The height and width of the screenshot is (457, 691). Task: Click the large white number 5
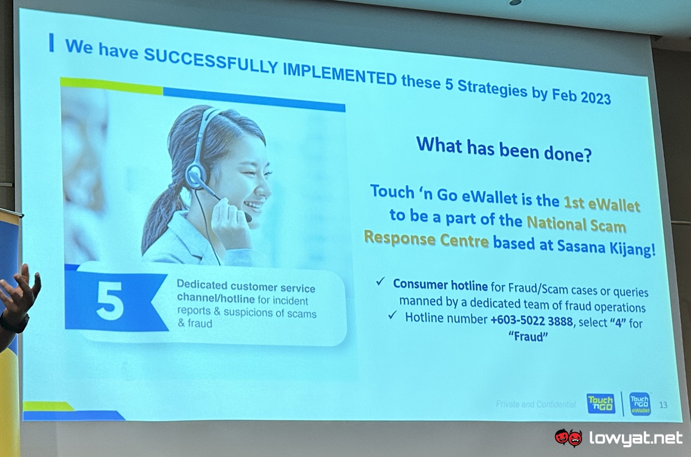(x=110, y=300)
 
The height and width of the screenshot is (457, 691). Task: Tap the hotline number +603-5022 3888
(x=531, y=321)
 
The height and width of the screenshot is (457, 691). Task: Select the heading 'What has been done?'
(x=504, y=150)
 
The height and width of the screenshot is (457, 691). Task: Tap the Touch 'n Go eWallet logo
(x=640, y=403)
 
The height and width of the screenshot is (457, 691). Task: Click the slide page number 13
(x=663, y=405)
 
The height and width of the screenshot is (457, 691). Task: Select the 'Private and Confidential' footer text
(x=536, y=404)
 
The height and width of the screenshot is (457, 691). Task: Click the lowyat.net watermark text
(x=636, y=438)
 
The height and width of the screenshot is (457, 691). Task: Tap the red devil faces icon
(x=568, y=437)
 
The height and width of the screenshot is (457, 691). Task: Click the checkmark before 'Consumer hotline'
(x=381, y=281)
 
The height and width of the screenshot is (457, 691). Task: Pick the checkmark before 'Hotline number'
(x=392, y=315)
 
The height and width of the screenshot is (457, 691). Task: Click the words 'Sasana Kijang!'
(x=606, y=247)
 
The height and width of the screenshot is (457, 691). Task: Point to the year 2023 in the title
(x=595, y=97)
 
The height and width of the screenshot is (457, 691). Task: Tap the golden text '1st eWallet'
(x=602, y=205)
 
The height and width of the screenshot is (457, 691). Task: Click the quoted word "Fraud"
(x=528, y=336)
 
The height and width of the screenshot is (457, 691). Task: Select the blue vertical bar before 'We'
(x=51, y=43)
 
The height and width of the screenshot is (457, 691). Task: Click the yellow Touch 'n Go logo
(x=601, y=403)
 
